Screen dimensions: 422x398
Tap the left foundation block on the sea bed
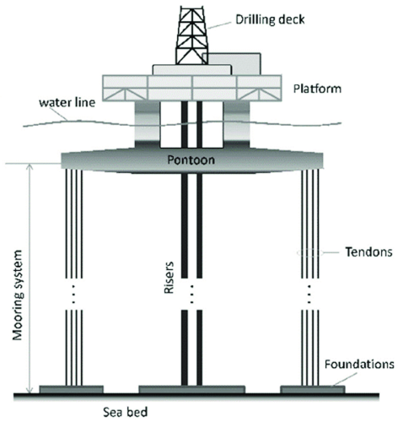click(x=72, y=389)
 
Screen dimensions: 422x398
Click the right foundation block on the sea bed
click(x=312, y=389)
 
